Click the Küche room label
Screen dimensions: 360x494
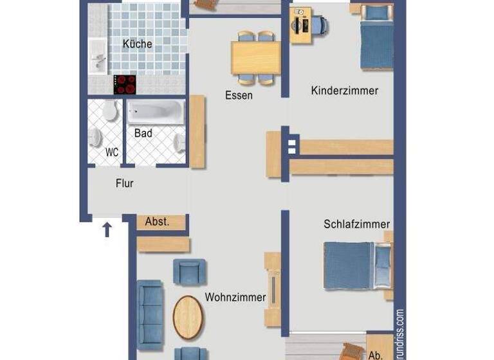point(138,44)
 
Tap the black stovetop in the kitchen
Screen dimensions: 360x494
point(125,84)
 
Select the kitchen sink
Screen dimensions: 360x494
point(98,57)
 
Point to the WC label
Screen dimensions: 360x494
point(112,152)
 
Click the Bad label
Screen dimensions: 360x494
point(143,133)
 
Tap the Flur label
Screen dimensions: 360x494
point(125,183)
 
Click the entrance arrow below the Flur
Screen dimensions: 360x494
point(107,228)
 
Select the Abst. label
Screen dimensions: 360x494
point(158,222)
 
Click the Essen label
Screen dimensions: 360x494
point(239,95)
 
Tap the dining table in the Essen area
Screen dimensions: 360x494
point(256,58)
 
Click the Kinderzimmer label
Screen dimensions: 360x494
point(344,91)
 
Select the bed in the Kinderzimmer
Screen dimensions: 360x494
point(376,37)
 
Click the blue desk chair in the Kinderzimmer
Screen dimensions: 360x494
point(320,26)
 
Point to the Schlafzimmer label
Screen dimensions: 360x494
point(356,224)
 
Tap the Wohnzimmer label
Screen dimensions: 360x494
point(235,298)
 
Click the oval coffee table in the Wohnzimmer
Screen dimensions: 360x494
point(188,317)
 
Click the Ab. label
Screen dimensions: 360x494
point(376,354)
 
